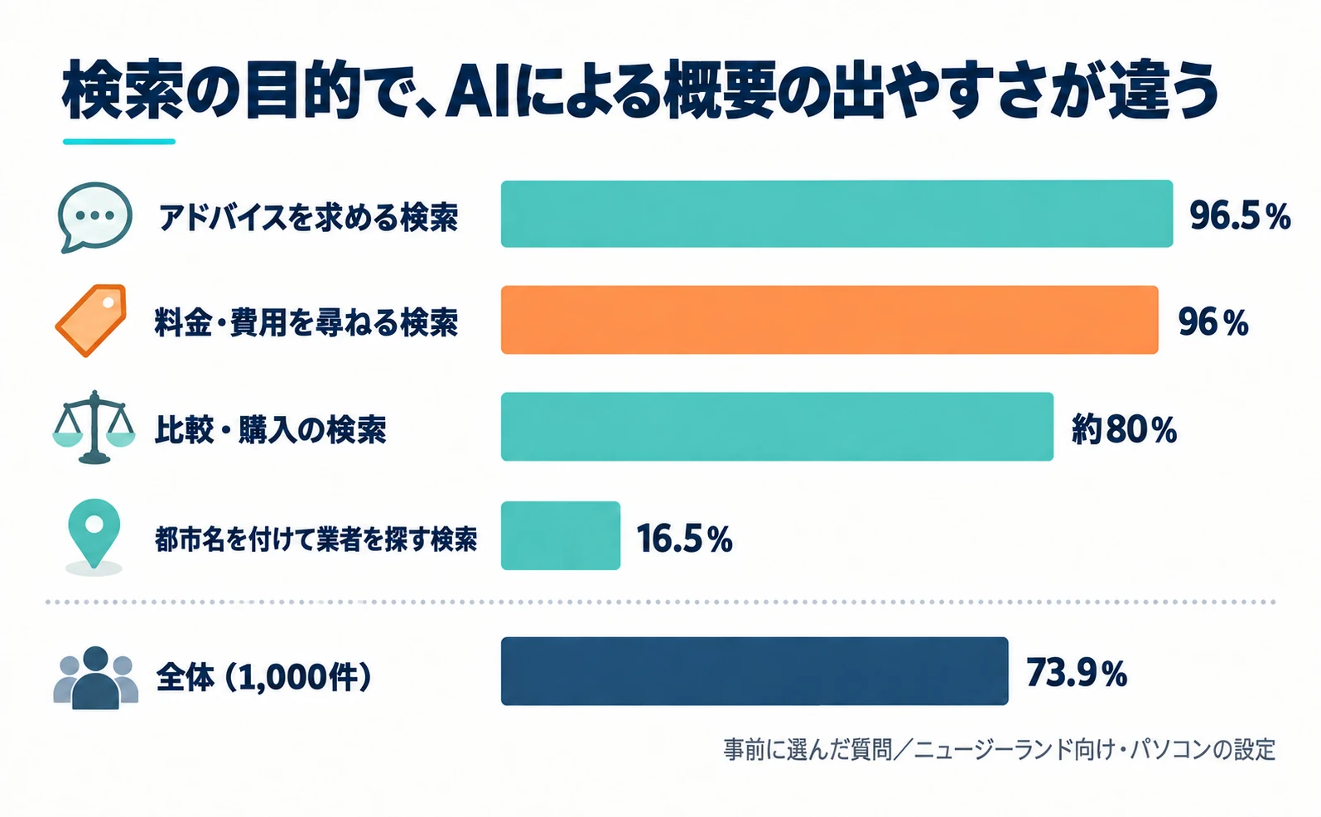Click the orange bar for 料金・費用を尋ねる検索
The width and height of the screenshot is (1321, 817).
[x=829, y=320]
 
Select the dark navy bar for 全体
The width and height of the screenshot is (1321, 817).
[x=755, y=670]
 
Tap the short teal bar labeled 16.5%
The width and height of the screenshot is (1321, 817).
[x=560, y=535]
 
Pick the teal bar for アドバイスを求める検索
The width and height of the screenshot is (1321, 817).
[x=836, y=214]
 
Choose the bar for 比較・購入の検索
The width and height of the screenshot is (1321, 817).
[x=777, y=427]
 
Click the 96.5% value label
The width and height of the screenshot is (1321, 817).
[x=1240, y=215]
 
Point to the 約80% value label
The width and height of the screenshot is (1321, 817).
[x=1124, y=429]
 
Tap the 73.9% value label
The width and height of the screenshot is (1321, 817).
[x=1077, y=673]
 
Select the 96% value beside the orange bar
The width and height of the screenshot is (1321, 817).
[x=1213, y=322]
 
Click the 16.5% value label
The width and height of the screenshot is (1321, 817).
[x=685, y=539]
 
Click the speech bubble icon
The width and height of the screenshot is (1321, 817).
[x=95, y=217]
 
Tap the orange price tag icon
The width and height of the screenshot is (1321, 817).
[x=91, y=321]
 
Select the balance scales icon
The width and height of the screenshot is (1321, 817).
[x=94, y=427]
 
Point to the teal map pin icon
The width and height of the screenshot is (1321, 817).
[x=94, y=534]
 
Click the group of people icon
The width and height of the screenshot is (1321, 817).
[x=95, y=678]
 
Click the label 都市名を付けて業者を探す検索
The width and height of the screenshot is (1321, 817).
[x=316, y=539]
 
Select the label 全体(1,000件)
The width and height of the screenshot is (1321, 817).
[x=263, y=677]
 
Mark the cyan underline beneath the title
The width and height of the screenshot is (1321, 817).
[x=119, y=142]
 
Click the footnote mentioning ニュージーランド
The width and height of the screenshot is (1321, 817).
[x=1000, y=750]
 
